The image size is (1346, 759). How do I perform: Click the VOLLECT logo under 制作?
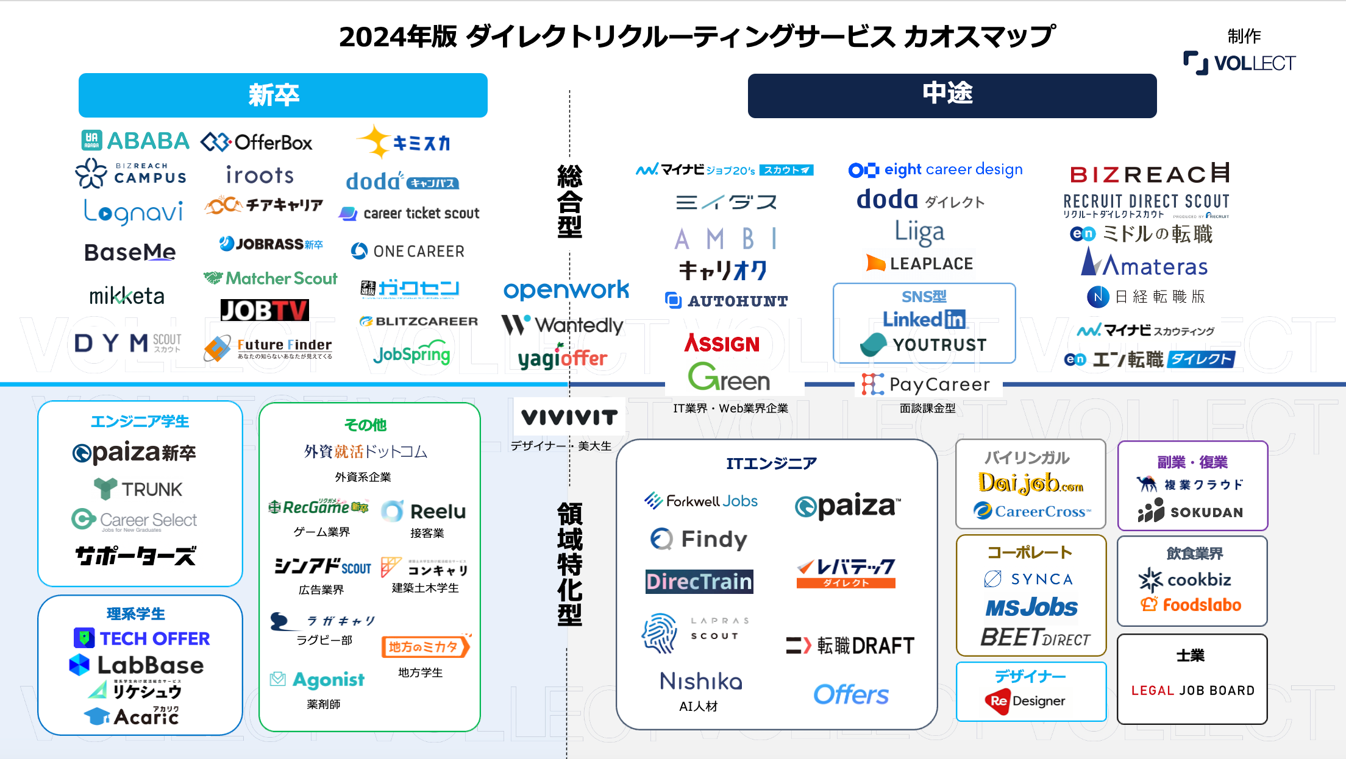1239,63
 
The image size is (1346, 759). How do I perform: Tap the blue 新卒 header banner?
283,96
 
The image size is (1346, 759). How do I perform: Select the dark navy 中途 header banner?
952,96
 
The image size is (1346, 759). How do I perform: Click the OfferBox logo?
257,143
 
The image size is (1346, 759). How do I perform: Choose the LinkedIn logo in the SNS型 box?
924,319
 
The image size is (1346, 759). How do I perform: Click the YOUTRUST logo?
924,345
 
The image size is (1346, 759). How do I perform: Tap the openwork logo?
566,290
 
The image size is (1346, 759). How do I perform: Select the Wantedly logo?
562,325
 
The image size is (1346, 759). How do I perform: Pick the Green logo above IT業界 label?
729,378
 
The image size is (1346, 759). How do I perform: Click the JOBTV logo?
265,310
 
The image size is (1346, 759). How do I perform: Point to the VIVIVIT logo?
569,417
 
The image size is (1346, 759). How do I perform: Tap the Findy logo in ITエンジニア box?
699,539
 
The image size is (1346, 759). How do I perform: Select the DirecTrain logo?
699,582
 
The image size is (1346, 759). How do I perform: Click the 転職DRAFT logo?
850,645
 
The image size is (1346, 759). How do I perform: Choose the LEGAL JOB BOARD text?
1192,690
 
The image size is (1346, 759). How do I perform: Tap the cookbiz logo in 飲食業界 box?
1184,579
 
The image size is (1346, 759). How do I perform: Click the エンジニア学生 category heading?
140,422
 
